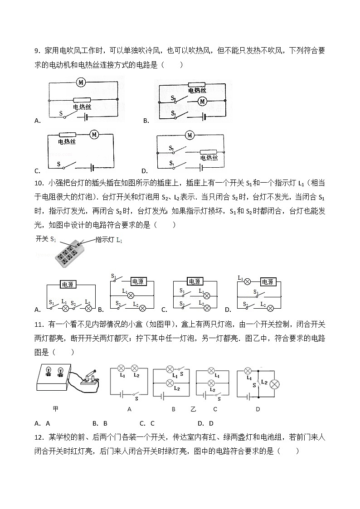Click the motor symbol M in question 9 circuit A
(x=81, y=82)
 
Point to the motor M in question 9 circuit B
(x=202, y=102)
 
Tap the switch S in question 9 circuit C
(x=66, y=166)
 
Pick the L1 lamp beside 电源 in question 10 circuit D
(x=248, y=281)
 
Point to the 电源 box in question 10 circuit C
(x=195, y=281)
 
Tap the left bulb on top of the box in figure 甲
(x=48, y=372)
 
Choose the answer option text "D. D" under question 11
(x=205, y=423)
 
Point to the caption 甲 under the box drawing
(x=56, y=409)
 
